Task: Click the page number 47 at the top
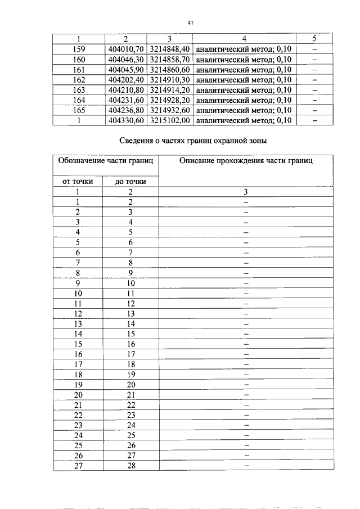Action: coord(190,22)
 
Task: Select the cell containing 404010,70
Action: coord(126,49)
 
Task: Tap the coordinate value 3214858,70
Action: coord(171,59)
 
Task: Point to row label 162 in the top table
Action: coord(79,80)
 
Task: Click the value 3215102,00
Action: coord(171,120)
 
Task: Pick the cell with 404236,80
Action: coord(126,110)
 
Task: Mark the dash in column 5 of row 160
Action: coord(314,59)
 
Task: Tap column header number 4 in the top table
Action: coord(244,39)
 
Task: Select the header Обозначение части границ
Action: coord(106,161)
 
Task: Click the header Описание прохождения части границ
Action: coord(246,161)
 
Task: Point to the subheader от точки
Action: coord(78,181)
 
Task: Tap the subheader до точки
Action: coord(130,181)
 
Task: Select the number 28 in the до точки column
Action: coord(130,465)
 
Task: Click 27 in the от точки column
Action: coord(78,465)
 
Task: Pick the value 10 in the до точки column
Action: coord(130,283)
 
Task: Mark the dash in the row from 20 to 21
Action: coord(246,394)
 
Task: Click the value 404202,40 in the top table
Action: coord(126,80)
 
